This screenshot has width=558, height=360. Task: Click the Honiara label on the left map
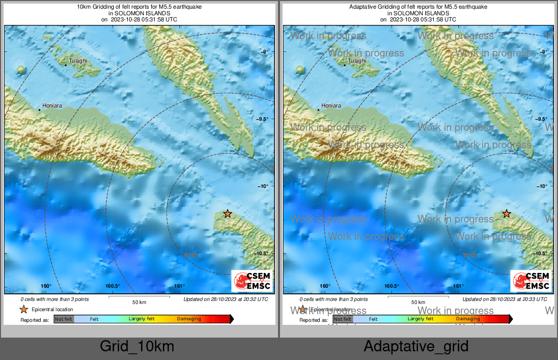pyautogui.click(x=52, y=106)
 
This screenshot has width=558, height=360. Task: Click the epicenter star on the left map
pyautogui.click(x=228, y=214)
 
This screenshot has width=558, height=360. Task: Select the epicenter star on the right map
pyautogui.click(x=507, y=214)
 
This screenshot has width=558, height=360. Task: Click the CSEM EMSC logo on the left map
pyautogui.click(x=253, y=281)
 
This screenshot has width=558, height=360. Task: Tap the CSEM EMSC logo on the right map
pyautogui.click(x=532, y=281)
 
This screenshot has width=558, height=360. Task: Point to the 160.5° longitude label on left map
pyautogui.click(x=113, y=286)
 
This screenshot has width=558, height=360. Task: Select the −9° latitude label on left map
pyautogui.click(x=265, y=52)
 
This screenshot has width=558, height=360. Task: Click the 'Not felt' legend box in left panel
pyautogui.click(x=64, y=319)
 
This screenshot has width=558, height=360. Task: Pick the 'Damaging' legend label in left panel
pyautogui.click(x=189, y=319)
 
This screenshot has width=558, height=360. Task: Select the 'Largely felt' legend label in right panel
pyautogui.click(x=420, y=319)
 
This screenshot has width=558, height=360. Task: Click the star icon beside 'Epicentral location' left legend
pyautogui.click(x=24, y=309)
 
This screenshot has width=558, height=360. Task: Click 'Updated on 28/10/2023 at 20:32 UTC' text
pyautogui.click(x=226, y=299)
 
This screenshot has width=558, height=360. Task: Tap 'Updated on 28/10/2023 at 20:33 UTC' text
pyautogui.click(x=505, y=299)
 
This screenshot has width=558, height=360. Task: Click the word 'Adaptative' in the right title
pyautogui.click(x=362, y=7)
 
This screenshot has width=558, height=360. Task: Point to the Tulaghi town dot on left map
pyautogui.click(x=66, y=65)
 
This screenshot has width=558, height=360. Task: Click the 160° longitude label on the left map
pyautogui.click(x=46, y=286)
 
